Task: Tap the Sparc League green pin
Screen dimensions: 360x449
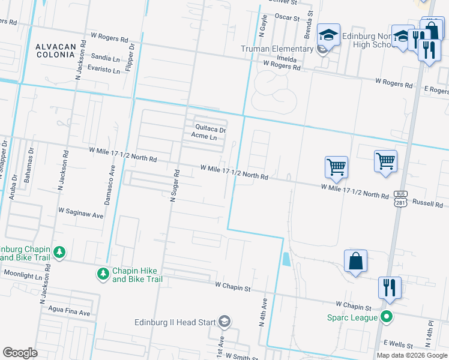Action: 387,316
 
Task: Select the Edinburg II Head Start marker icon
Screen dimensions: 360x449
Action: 224,322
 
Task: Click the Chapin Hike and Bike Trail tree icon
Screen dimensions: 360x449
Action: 103,274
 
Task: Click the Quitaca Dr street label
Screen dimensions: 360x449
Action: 210,128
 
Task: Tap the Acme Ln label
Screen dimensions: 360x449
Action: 204,137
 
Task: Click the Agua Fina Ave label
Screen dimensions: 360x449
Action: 67,313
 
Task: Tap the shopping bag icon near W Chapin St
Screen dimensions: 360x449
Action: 355,261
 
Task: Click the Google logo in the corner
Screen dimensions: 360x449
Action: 20,353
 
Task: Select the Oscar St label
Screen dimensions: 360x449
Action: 287,17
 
